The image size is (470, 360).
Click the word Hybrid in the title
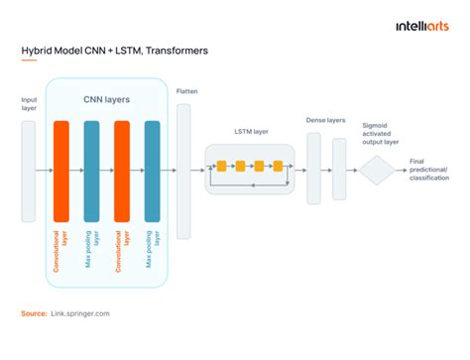point(37,50)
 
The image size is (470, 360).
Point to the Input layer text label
point(29,104)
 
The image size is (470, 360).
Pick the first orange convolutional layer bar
point(62,171)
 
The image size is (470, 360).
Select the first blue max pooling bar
point(92,171)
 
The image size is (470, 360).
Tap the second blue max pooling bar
point(153,171)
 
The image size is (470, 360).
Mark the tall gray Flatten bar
point(184,170)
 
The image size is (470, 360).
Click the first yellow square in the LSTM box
point(222,164)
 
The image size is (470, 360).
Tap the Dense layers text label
point(326,120)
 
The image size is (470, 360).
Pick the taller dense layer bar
point(314,168)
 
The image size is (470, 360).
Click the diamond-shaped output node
point(377,171)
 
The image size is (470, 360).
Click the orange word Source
point(34,312)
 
